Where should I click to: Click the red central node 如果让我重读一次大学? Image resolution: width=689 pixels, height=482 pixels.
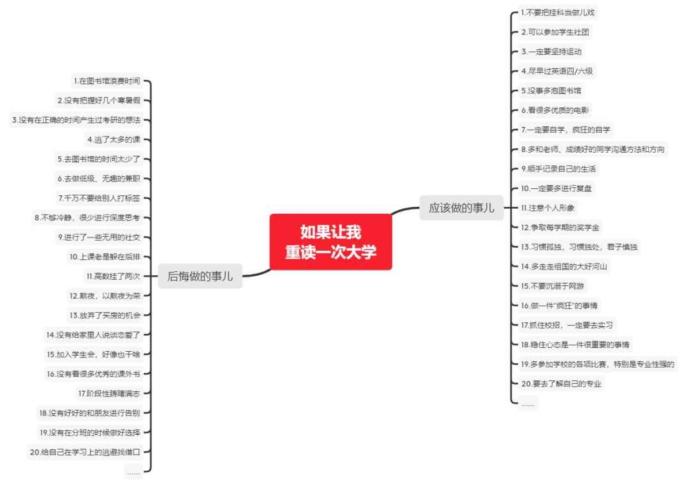(x=330, y=242)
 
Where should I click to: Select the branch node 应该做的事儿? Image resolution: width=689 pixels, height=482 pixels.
(x=461, y=207)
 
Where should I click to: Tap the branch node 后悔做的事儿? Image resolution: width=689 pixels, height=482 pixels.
(x=200, y=276)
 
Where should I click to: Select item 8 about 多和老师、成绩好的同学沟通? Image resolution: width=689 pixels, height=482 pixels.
(x=592, y=149)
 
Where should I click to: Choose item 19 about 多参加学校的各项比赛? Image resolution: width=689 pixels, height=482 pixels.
(x=597, y=364)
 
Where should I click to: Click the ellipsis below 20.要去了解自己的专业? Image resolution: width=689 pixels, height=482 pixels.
(x=528, y=403)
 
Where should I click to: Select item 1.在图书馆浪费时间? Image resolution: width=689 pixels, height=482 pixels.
(x=107, y=81)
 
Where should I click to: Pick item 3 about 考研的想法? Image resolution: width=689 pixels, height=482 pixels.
(x=77, y=120)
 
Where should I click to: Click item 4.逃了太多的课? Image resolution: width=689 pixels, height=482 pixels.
(x=114, y=139)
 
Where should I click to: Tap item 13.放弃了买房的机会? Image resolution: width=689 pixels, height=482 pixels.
(x=105, y=315)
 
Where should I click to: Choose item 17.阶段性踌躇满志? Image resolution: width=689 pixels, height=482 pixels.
(x=108, y=393)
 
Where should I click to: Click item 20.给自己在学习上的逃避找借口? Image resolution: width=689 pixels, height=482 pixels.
(x=89, y=452)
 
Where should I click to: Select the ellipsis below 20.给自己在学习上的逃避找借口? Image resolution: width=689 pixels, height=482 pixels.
(x=133, y=472)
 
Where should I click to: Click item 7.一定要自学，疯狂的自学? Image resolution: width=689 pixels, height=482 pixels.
(x=565, y=130)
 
